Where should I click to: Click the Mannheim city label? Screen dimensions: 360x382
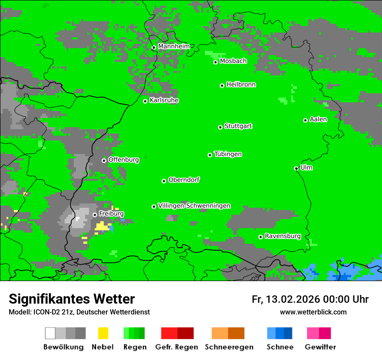pos(174,46)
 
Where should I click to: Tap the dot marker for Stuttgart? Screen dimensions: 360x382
pos(221,127)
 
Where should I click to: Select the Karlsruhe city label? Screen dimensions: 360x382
pos(164,100)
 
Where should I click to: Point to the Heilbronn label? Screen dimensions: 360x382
pos(241,85)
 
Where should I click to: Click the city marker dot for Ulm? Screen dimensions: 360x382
pos(296,169)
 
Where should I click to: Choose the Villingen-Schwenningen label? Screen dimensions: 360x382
pos(194,206)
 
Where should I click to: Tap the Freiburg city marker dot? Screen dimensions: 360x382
pos(95,215)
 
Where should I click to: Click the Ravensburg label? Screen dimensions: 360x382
pos(283,236)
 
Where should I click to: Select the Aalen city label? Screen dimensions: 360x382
pos(318,119)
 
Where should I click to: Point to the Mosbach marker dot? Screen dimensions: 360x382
pos(215,62)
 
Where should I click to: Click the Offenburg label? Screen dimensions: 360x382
pos(123,160)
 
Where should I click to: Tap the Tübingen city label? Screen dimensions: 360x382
pos(228,154)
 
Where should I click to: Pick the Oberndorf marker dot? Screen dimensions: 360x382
pos(164,181)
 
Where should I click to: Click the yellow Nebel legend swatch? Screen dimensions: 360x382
pos(103,333)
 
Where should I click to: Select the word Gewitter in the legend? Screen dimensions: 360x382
pos(320,347)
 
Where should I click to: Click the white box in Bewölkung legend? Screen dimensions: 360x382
pos(50,333)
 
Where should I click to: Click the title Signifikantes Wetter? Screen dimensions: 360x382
pos(72,299)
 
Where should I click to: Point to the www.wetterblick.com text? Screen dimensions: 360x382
pos(313,312)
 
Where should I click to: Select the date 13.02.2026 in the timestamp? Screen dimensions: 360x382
pos(292,299)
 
